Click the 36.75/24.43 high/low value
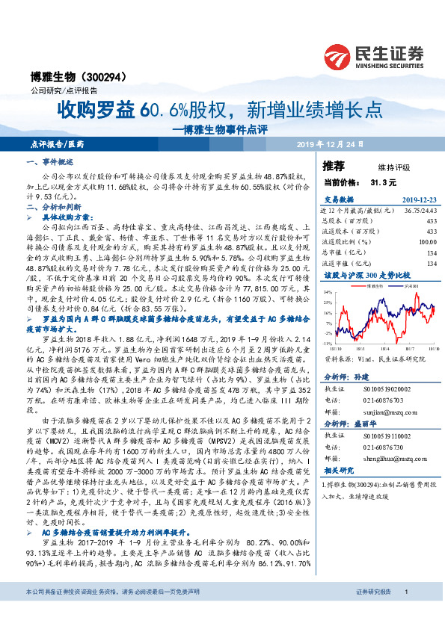[x=420, y=210]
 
